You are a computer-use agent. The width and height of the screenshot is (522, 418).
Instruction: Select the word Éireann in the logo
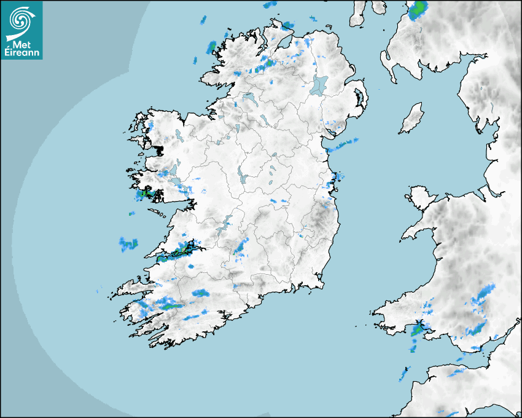click(21, 52)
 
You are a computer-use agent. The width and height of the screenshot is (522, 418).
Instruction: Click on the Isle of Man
click(411, 118)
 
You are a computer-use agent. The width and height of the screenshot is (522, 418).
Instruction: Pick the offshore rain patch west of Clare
click(129, 244)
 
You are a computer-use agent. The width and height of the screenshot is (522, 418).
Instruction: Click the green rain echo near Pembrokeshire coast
click(418, 330)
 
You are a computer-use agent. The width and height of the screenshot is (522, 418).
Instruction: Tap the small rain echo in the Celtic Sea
click(404, 373)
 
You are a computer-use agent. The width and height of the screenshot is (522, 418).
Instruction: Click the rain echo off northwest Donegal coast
click(212, 46)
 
